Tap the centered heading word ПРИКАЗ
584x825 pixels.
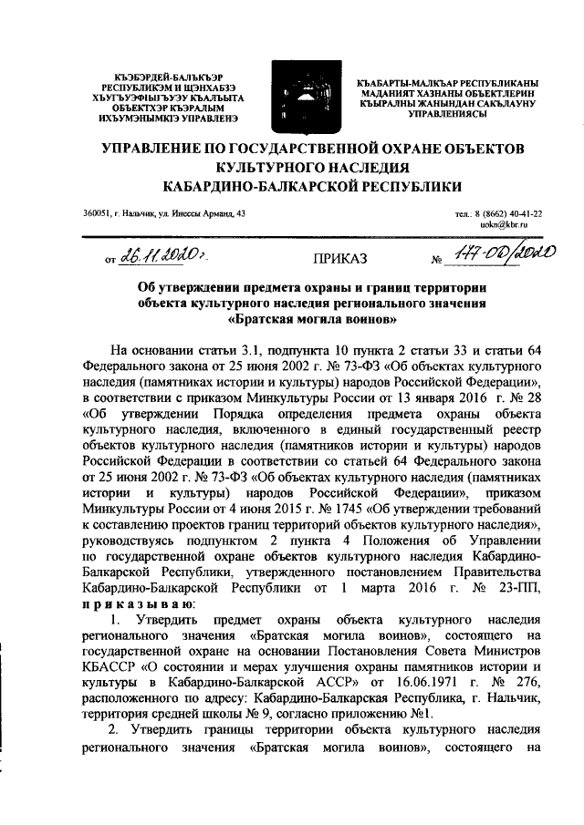[340, 258]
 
